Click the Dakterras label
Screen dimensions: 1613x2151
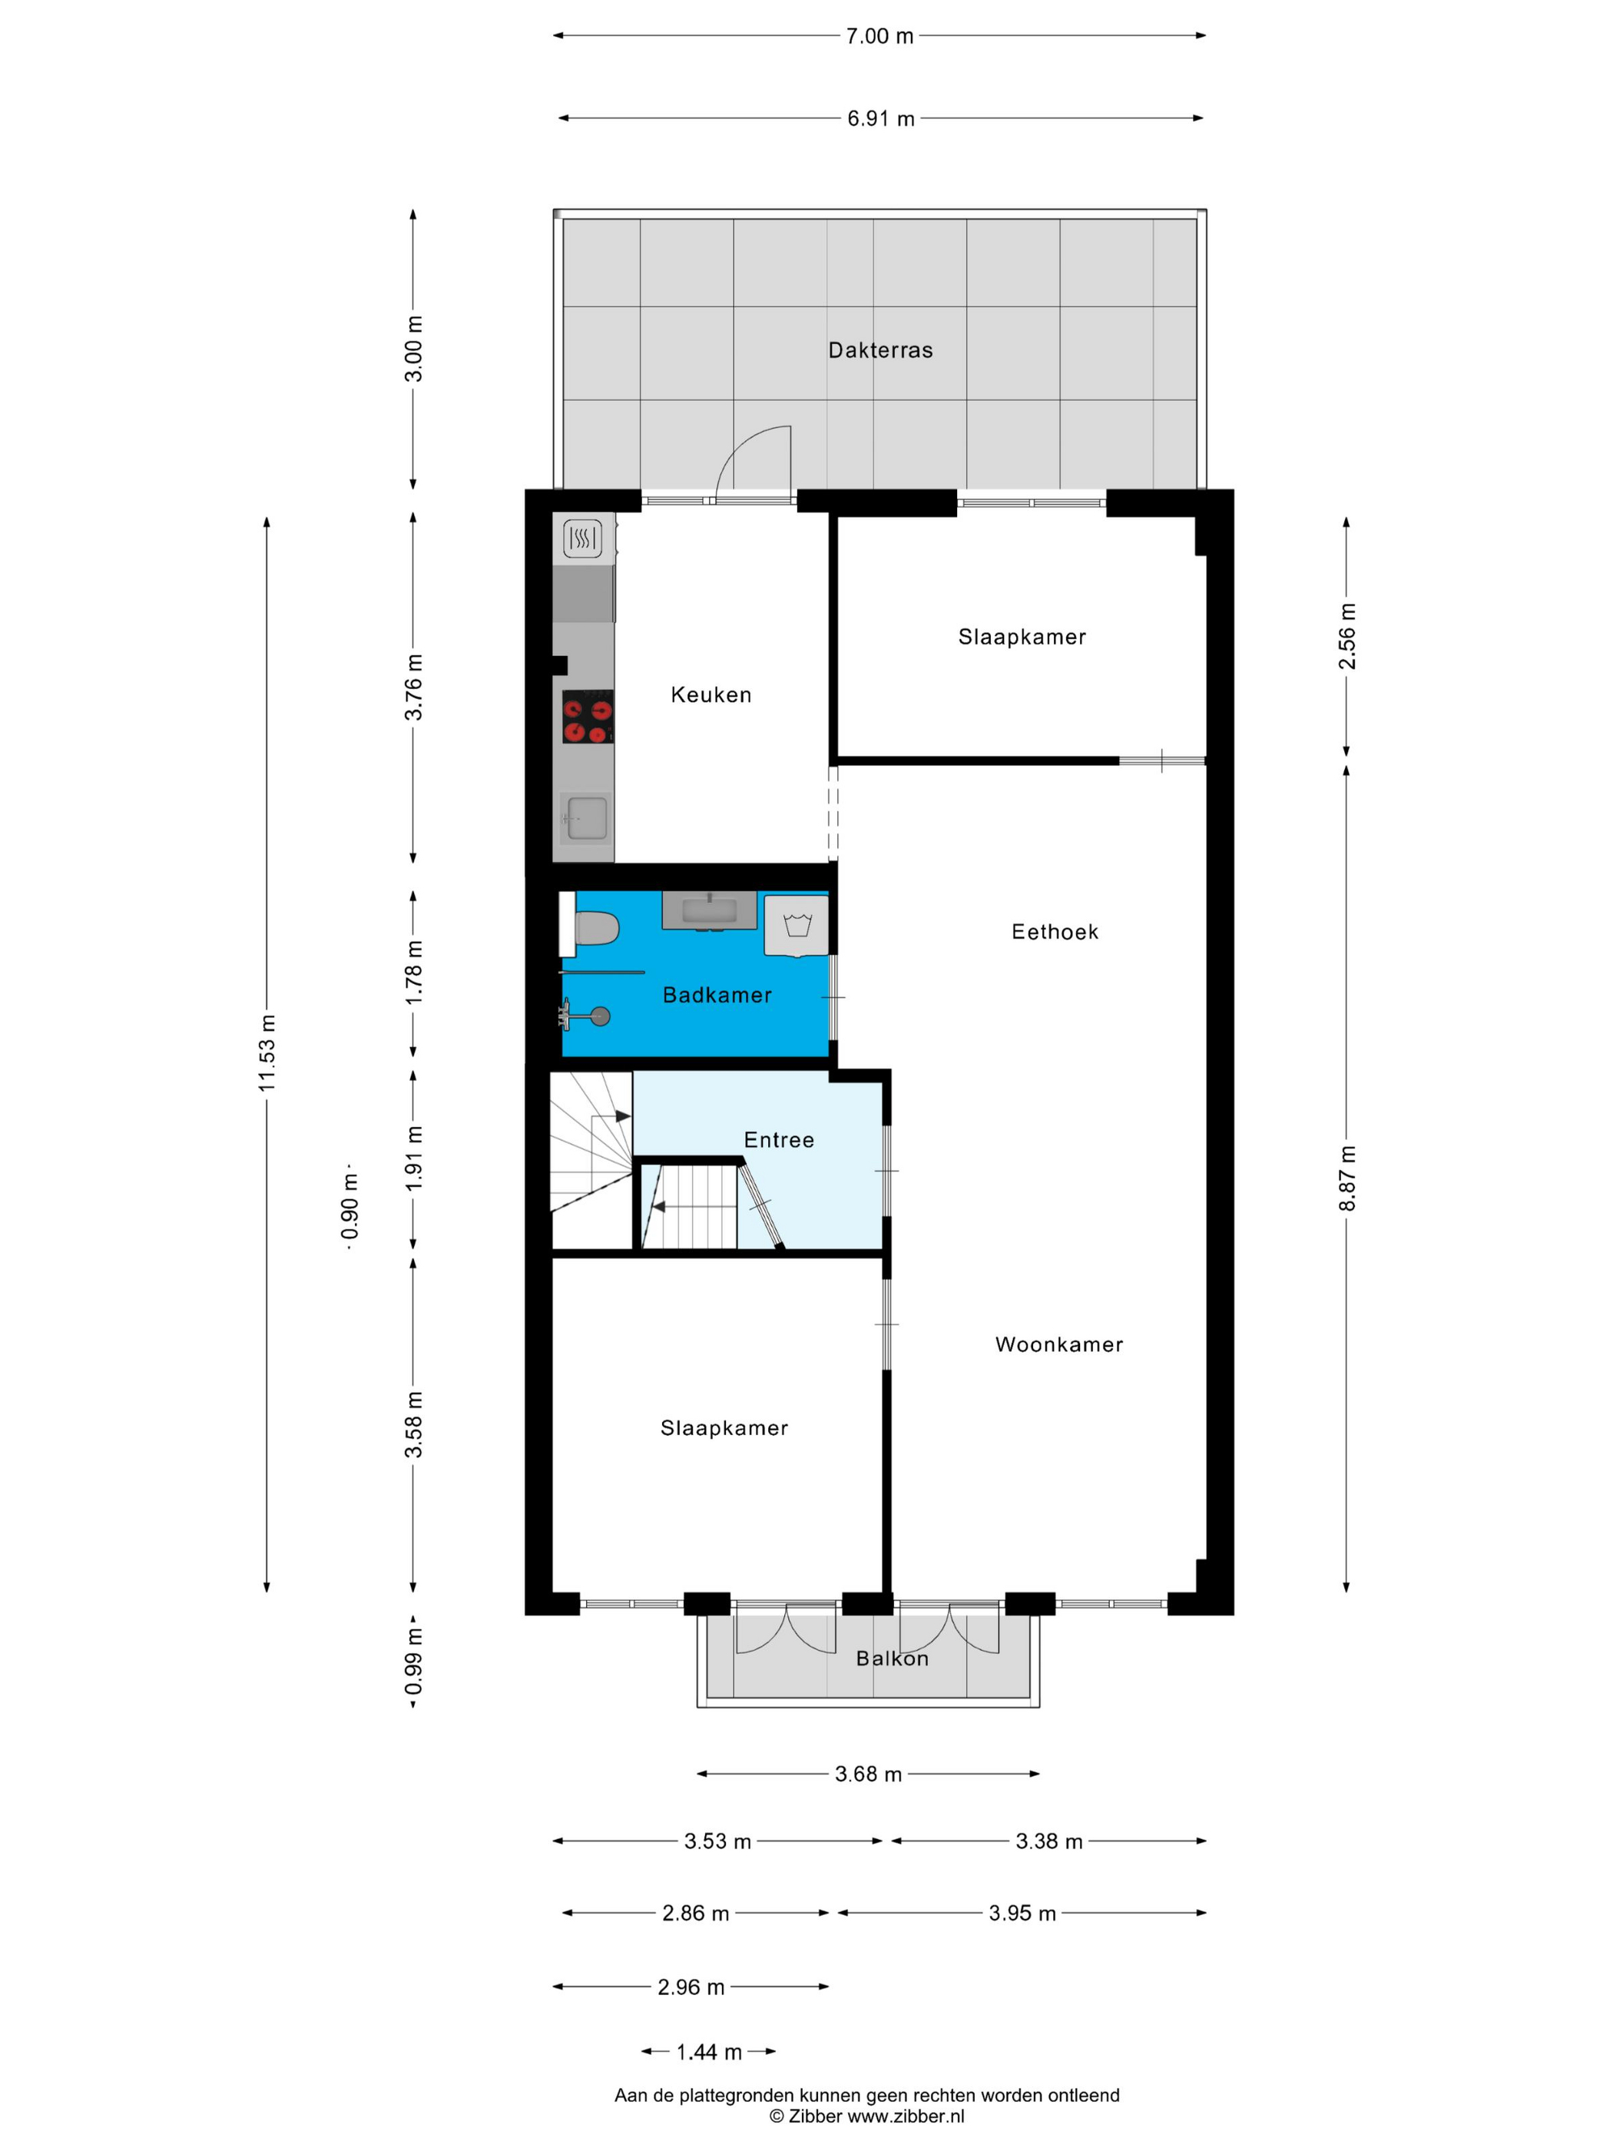[880, 350]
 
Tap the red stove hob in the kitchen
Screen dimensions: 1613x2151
[588, 716]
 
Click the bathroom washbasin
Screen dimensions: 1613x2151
[709, 911]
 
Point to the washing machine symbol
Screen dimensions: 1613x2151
[797, 925]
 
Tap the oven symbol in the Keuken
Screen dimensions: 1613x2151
[582, 538]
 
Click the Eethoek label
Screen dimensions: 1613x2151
[1055, 932]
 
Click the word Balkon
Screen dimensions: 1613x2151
[892, 1658]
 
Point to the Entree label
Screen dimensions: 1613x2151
[779, 1140]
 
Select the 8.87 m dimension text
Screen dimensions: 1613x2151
[1346, 1178]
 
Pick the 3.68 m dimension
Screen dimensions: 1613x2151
[868, 1774]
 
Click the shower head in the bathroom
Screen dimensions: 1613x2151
[601, 1017]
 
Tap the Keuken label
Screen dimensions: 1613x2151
[710, 694]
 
